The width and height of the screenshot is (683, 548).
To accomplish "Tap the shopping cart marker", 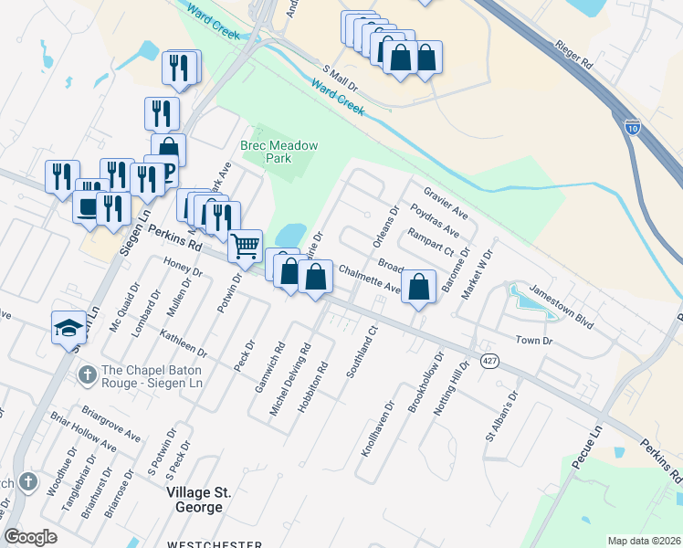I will (x=245, y=245).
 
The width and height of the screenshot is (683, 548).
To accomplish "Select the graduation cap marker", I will (x=69, y=327).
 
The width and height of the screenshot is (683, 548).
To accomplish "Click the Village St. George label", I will (x=199, y=500).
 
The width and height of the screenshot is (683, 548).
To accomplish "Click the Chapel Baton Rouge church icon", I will (x=87, y=374).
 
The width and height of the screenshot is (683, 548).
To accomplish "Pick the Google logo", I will (x=31, y=537).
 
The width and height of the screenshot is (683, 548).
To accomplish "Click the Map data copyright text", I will (x=644, y=541).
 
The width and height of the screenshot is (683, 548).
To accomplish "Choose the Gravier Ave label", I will (x=446, y=204).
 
